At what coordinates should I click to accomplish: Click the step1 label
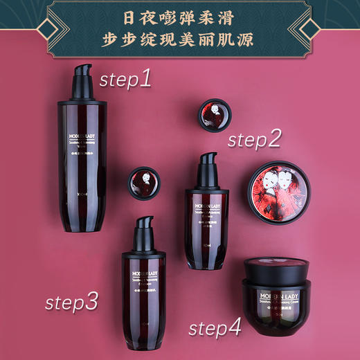coord(125,79)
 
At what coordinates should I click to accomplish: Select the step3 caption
coord(72,302)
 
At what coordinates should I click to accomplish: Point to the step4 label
coord(215,327)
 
